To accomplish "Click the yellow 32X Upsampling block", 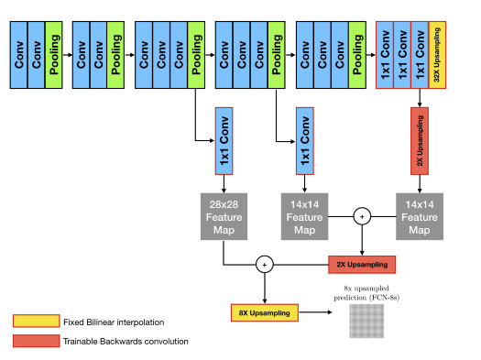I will pos(437,56).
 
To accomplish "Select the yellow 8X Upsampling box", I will pos(265,313).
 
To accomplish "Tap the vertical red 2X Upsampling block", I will pos(421,142).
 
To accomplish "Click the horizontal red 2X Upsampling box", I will pos(363,265).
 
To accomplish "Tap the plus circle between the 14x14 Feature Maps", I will pos(362,217).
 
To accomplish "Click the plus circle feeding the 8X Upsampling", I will pos(265,265).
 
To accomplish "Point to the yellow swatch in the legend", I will pos(35,322).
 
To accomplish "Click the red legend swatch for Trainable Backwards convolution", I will pos(35,342).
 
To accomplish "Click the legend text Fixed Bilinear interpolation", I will pos(114,322).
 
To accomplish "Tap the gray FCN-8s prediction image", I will pos(366,320).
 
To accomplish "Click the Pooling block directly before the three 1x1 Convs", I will pos(358,56).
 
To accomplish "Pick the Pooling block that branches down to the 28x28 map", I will pos(196,56).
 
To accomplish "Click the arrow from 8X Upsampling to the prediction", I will pos(316,313).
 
